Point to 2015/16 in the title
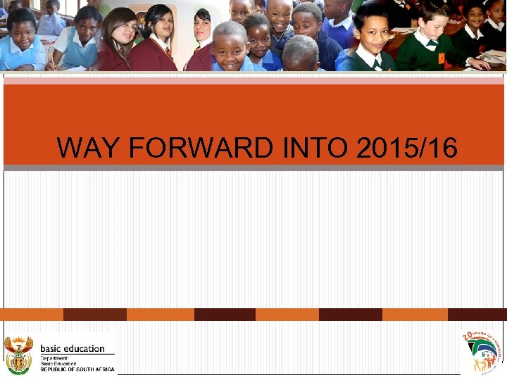[x=407, y=148]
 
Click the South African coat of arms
[x=18, y=354]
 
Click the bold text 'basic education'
[x=73, y=348]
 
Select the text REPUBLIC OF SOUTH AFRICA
[x=77, y=369]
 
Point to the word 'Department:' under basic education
[x=54, y=357]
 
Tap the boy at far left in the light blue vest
[x=21, y=39]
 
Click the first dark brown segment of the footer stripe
[x=95, y=315]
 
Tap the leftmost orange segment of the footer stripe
[x=32, y=315]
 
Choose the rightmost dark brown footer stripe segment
[x=477, y=315]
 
